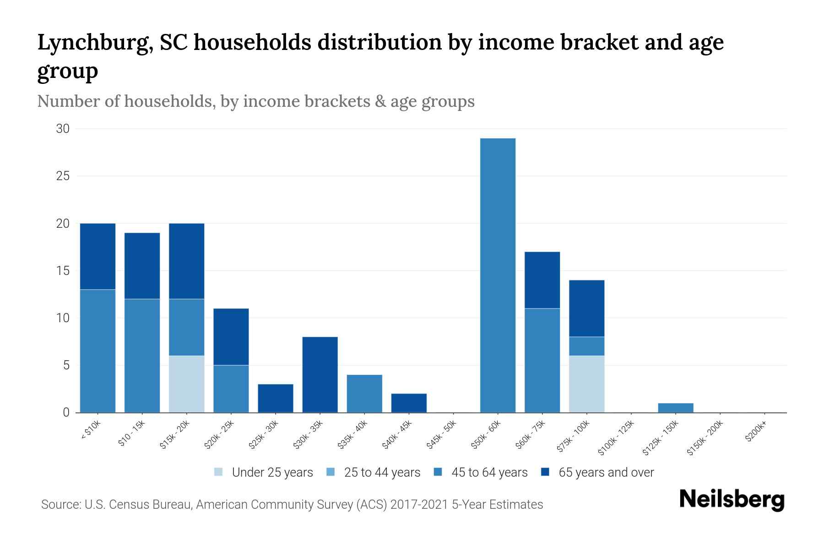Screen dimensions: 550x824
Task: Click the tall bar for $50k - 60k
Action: pyautogui.click(x=498, y=275)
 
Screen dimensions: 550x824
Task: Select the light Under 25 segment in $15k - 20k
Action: pyautogui.click(x=187, y=384)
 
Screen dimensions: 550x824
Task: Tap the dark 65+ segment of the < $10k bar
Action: pyautogui.click(x=98, y=256)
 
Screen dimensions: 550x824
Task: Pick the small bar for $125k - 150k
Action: pyautogui.click(x=676, y=407)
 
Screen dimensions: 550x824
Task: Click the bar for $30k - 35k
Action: pyautogui.click(x=320, y=374)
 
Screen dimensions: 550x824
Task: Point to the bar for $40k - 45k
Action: pyautogui.click(x=409, y=403)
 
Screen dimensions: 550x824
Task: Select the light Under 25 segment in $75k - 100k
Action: pyautogui.click(x=586, y=384)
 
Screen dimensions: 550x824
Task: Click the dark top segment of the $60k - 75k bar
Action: pyautogui.click(x=542, y=280)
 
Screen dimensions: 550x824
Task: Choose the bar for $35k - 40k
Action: pyautogui.click(x=364, y=393)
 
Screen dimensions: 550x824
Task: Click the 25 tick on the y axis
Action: pyautogui.click(x=63, y=176)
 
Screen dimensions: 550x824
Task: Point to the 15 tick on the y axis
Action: pyautogui.click(x=63, y=271)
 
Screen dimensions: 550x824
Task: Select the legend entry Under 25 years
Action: pyautogui.click(x=272, y=473)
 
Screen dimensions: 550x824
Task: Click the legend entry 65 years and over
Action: pyautogui.click(x=606, y=473)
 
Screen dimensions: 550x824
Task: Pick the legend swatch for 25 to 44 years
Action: pyautogui.click(x=331, y=472)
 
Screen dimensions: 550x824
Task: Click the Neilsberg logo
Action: pyautogui.click(x=732, y=500)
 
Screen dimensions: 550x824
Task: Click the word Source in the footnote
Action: pyautogui.click(x=60, y=505)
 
